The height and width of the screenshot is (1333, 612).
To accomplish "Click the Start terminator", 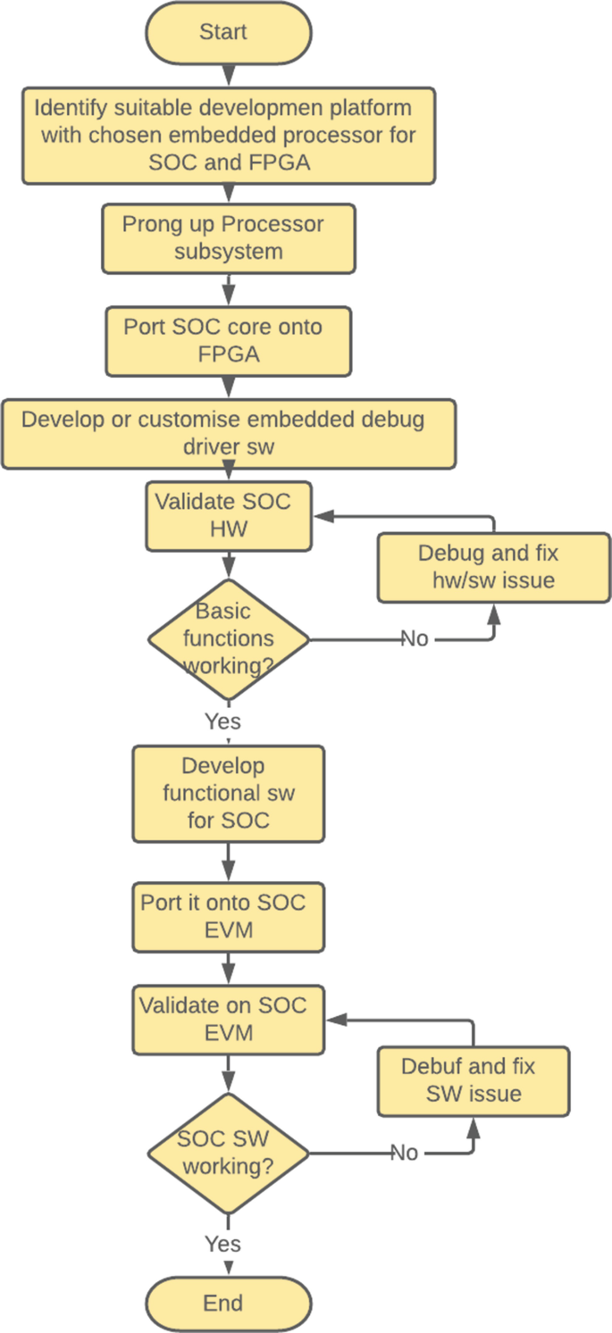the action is (x=229, y=33).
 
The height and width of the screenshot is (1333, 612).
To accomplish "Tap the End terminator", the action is (x=229, y=1304).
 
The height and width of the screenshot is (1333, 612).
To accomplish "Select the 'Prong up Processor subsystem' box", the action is (x=229, y=238).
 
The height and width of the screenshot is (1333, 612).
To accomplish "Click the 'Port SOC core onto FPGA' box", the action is (x=229, y=341).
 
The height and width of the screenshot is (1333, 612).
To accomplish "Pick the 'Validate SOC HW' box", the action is (x=229, y=516).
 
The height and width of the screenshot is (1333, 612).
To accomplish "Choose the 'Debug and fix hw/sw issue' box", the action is (x=493, y=567).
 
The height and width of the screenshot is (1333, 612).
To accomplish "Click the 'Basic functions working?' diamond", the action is (x=229, y=639).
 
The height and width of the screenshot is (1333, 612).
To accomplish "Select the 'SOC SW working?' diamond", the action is (x=229, y=1154).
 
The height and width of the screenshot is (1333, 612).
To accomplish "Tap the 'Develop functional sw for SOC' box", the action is (x=229, y=793).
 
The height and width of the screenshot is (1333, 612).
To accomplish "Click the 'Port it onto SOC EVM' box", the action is (x=229, y=917).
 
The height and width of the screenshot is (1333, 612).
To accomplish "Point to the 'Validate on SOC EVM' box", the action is (x=229, y=1020).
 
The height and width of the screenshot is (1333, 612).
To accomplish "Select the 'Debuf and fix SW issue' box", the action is (x=474, y=1081).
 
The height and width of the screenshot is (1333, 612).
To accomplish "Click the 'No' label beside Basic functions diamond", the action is (x=415, y=639).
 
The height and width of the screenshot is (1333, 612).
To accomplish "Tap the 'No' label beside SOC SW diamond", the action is (x=405, y=1154).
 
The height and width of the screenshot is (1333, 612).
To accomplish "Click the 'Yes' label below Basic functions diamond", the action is (x=222, y=721).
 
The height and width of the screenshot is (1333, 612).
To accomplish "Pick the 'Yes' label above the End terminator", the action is (x=222, y=1244).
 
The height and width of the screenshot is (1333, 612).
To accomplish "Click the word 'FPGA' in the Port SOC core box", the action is (x=229, y=354).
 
